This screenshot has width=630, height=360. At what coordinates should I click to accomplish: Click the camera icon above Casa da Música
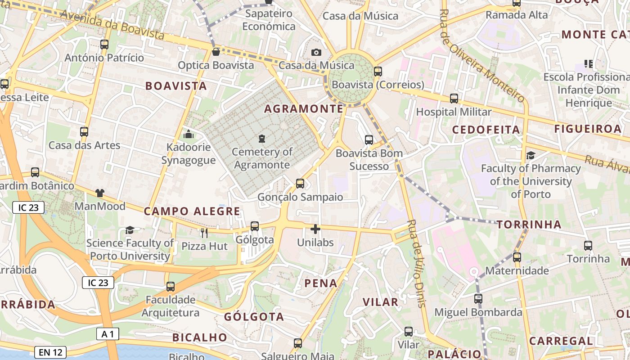pyautogui.click(x=316, y=52)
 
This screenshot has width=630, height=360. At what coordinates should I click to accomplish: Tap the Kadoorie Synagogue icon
pyautogui.click(x=189, y=134)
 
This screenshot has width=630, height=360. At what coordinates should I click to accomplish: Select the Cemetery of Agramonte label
pyautogui.click(x=262, y=158)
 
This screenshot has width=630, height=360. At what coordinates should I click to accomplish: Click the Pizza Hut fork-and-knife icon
pyautogui.click(x=204, y=233)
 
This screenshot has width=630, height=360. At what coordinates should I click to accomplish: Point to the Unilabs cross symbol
pyautogui.click(x=315, y=229)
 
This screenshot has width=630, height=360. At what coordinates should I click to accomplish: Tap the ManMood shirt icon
pyautogui.click(x=99, y=193)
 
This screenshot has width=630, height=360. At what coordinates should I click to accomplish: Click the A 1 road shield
pyautogui.click(x=108, y=333)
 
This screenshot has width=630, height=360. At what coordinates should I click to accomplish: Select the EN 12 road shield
pyautogui.click(x=50, y=352)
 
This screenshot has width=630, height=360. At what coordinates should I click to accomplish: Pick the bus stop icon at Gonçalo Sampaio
pyautogui.click(x=300, y=184)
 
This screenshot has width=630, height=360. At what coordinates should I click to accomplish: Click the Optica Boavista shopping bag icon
pyautogui.click(x=216, y=52)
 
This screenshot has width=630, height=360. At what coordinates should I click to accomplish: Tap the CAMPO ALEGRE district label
pyautogui.click(x=192, y=211)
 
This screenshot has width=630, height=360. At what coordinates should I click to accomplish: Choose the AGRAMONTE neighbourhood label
pyautogui.click(x=304, y=109)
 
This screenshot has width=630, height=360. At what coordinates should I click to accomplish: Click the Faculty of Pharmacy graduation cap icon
pyautogui.click(x=531, y=155)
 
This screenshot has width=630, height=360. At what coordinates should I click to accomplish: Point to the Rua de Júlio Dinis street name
pyautogui.click(x=416, y=263)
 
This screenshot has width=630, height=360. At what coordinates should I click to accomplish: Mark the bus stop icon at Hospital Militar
pyautogui.click(x=454, y=99)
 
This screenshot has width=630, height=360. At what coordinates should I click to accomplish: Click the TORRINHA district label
pyautogui.click(x=529, y=224)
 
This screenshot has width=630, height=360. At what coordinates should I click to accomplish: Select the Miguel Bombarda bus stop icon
pyautogui.click(x=478, y=298)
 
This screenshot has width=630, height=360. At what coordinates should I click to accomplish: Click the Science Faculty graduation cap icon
pyautogui.click(x=130, y=230)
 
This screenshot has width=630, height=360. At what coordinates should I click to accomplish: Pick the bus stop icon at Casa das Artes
pyautogui.click(x=84, y=132)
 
